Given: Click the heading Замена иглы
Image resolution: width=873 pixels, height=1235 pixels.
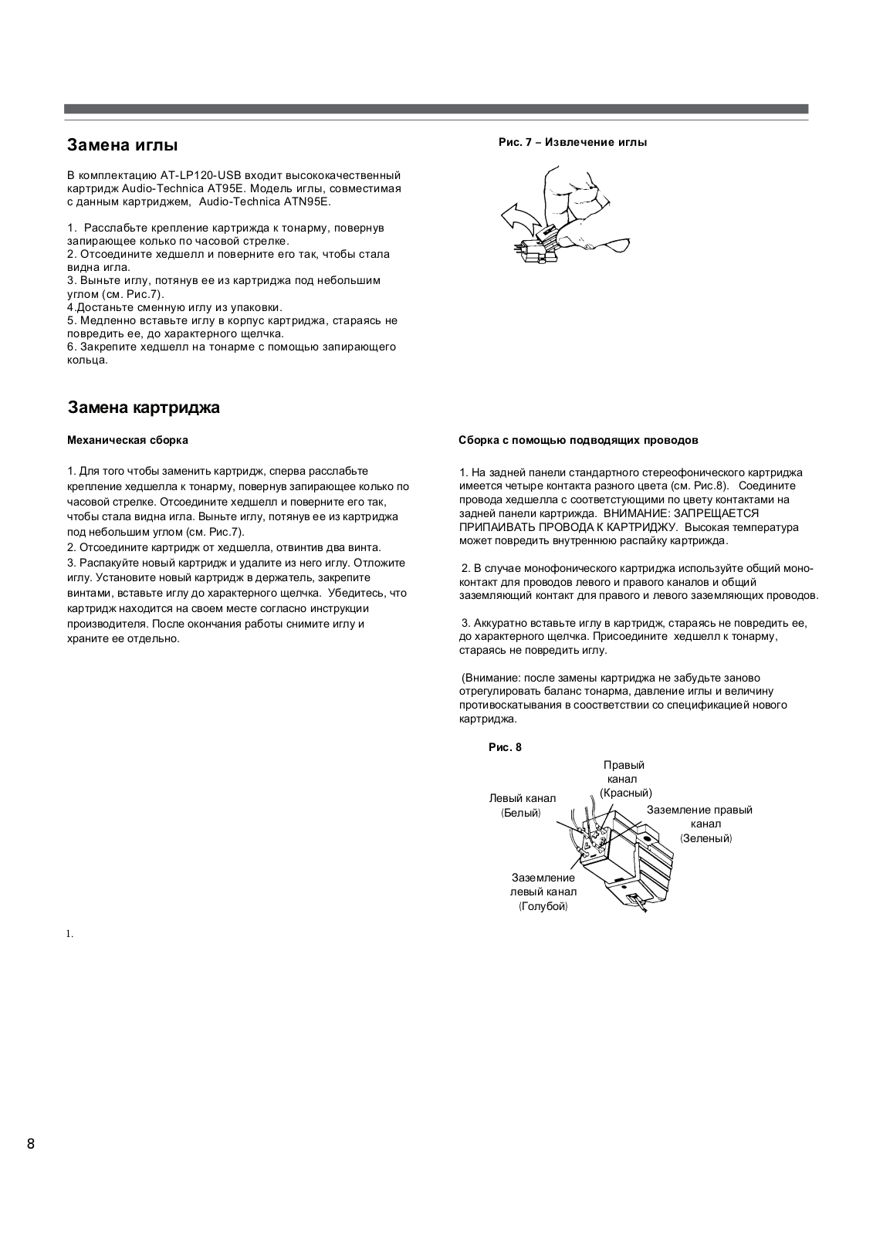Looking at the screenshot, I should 123,145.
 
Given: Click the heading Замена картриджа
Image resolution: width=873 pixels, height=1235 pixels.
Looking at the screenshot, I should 144,408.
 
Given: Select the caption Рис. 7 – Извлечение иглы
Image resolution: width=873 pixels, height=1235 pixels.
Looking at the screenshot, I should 573,142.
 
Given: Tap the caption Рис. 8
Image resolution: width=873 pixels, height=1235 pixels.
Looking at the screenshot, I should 506,747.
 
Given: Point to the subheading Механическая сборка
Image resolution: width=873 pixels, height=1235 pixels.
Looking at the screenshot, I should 128,441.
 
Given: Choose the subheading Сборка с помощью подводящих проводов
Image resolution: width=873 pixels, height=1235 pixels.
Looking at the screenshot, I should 578,441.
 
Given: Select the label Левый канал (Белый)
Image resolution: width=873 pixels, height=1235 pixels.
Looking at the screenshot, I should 522,806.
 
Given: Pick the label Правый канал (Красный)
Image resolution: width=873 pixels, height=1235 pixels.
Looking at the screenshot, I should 624,779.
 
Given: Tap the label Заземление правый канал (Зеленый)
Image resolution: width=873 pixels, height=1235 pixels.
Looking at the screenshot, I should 700,824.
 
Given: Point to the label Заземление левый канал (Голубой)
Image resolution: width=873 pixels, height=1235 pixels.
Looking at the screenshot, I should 543,892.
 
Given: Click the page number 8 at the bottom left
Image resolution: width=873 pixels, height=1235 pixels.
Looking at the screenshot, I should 31,1144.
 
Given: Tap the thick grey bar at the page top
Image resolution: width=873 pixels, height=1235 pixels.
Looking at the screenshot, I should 436,109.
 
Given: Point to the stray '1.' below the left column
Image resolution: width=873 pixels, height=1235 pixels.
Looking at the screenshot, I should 69,934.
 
